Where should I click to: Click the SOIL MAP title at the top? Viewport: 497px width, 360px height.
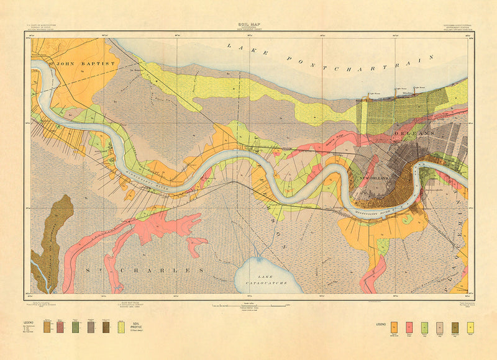pyautogui.click(x=248, y=24)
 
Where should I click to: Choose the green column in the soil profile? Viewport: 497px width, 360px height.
pyautogui.click(x=75, y=326)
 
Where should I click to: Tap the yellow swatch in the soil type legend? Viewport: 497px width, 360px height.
pyautogui.click(x=471, y=326)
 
